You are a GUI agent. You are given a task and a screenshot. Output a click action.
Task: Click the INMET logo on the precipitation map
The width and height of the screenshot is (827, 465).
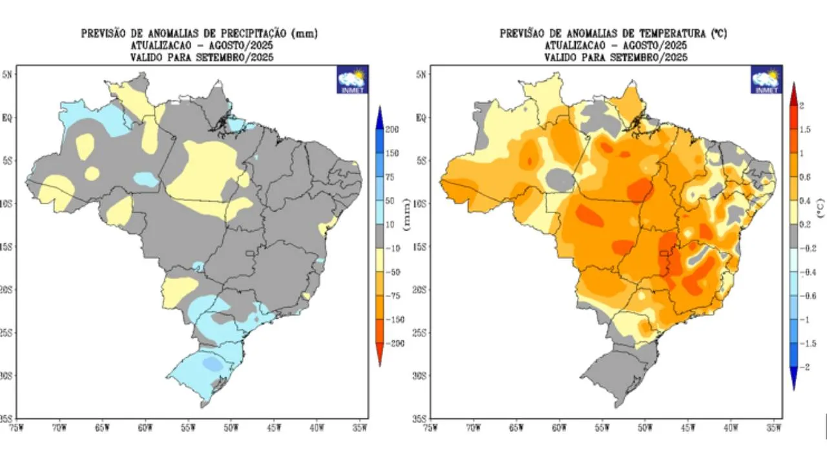(352, 80)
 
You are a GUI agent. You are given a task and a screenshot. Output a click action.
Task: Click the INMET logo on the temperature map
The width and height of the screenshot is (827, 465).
(766, 80)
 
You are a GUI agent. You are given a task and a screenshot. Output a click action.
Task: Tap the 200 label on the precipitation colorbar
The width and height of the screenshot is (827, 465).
(392, 129)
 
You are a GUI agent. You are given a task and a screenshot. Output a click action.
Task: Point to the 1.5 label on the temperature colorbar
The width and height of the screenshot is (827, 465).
(804, 129)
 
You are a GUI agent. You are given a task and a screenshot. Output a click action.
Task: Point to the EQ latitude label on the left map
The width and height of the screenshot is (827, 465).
(6, 118)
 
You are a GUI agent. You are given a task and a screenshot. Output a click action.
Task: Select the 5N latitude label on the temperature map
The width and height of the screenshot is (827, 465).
(421, 74)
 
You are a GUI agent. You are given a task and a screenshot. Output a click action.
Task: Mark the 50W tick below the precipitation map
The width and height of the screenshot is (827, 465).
(231, 426)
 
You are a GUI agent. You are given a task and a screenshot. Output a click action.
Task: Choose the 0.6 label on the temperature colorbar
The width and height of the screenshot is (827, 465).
(804, 176)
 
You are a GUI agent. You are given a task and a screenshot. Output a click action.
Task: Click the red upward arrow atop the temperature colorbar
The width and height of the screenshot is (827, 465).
(793, 92)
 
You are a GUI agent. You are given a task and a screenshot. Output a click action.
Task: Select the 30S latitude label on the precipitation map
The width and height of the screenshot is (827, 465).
(6, 376)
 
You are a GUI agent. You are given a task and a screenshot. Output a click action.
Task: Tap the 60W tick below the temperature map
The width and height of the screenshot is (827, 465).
(559, 426)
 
